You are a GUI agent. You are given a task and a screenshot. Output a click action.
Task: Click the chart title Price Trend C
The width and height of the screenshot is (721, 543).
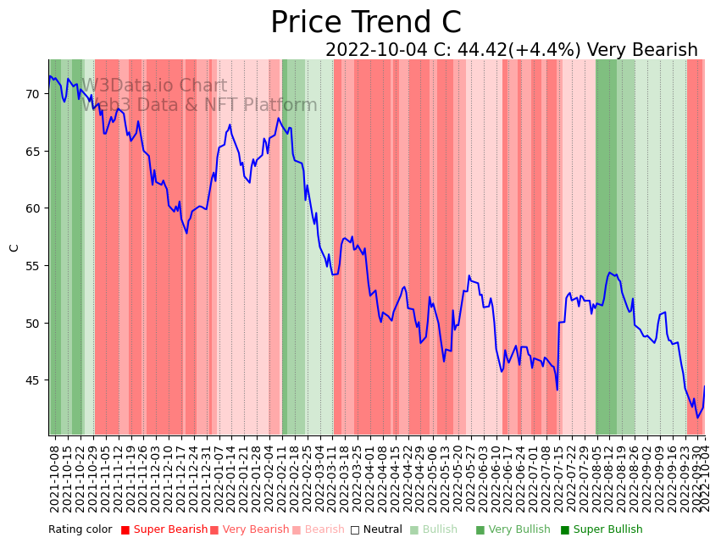point(365,23)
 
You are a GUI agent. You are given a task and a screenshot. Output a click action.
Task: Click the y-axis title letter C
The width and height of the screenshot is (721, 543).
point(14,248)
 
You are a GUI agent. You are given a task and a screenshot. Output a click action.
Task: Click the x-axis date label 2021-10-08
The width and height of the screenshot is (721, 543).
point(55,479)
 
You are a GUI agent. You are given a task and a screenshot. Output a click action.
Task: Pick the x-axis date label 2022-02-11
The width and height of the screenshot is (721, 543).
point(282,479)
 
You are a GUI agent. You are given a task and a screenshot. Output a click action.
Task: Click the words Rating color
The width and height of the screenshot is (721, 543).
point(80,530)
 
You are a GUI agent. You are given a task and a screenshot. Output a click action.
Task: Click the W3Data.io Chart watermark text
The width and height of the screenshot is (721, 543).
point(154,86)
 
